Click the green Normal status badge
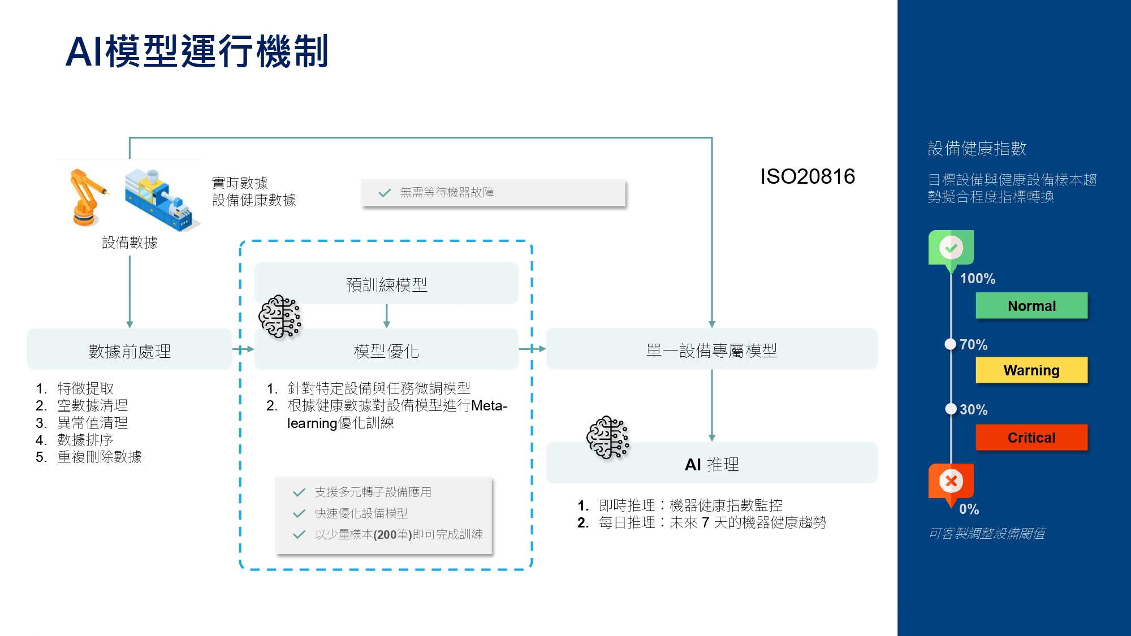point(1031,306)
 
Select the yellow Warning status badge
point(1031,370)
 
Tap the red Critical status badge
point(1031,438)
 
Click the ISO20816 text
point(807,176)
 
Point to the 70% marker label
point(973,344)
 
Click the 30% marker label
point(973,409)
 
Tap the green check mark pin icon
point(951,248)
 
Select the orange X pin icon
point(951,481)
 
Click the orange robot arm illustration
point(87,197)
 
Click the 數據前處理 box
point(129,351)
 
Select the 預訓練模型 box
point(386,284)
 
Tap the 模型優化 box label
point(386,351)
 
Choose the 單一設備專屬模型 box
point(711,351)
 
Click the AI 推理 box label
point(711,464)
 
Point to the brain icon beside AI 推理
point(607,437)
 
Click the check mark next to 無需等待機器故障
point(385,193)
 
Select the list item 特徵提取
point(85,388)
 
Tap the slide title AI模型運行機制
point(197,51)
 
